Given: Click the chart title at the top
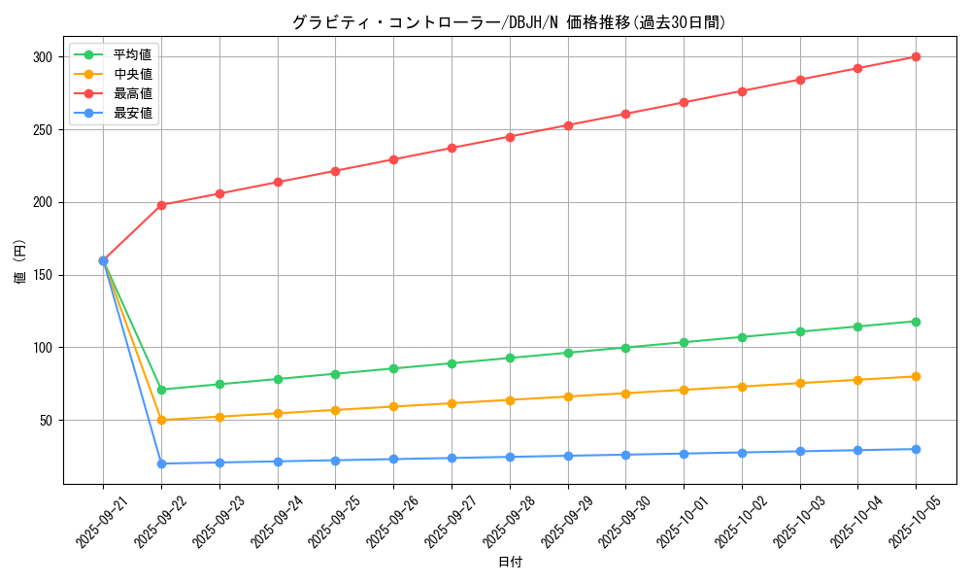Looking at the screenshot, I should point(509,22).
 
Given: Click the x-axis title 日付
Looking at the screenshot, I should point(509,563).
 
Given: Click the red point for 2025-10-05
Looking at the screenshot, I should point(916,57).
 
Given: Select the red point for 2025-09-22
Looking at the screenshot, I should point(161,205).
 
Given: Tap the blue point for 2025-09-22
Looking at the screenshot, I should point(161,463).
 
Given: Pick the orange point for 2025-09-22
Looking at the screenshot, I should point(161,420).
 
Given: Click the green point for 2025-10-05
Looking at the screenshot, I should point(916,322).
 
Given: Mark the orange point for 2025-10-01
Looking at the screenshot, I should point(684,390).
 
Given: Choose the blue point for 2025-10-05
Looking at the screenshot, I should point(916,449).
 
